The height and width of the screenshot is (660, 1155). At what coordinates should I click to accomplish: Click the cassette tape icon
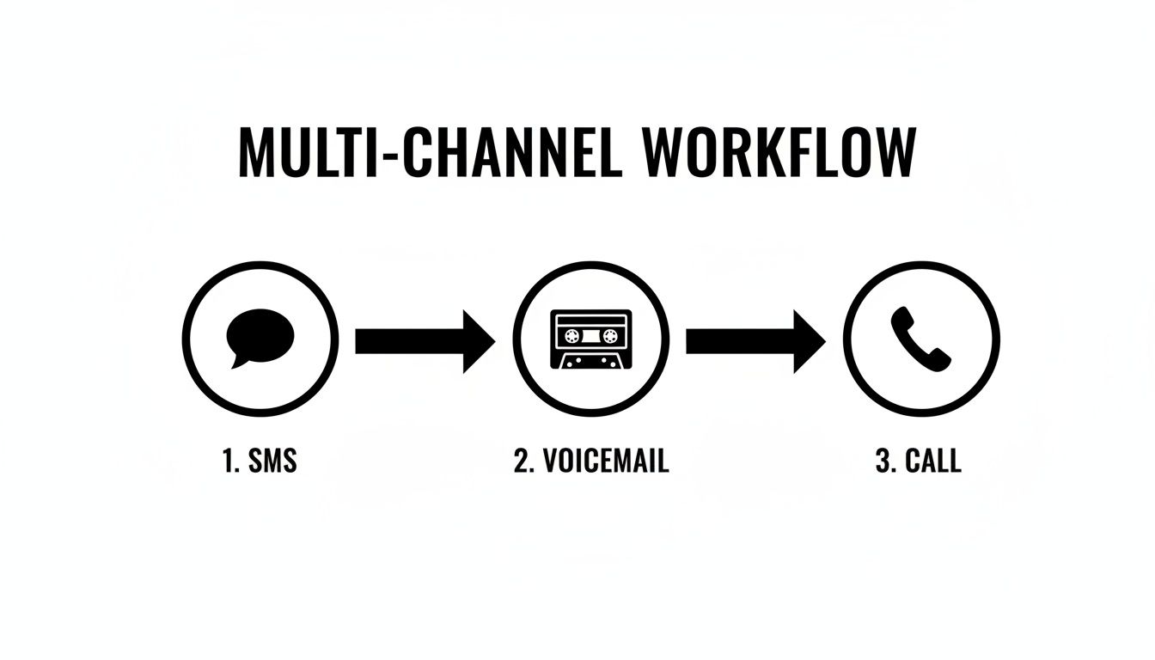coord(590,339)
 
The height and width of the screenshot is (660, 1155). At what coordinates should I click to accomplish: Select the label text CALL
coord(933,461)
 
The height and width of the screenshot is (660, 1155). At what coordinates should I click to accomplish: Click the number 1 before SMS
coord(228,461)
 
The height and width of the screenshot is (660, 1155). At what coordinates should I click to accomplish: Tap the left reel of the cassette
coord(568,335)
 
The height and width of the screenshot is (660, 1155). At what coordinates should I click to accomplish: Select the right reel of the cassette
coord(611,335)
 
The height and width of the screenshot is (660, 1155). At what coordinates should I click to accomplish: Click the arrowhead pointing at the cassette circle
coord(478,341)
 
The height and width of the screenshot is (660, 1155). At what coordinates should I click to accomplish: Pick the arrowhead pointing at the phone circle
coord(809,341)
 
